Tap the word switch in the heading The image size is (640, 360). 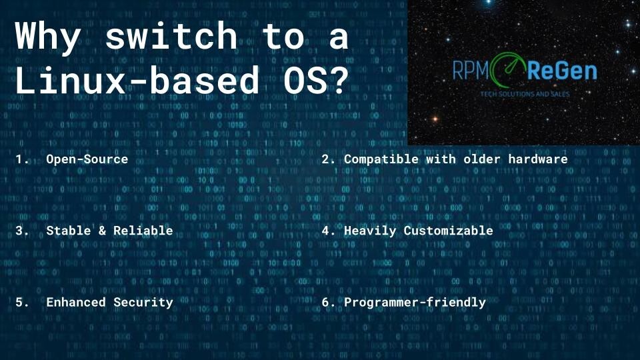[171, 37]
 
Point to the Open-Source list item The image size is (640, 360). [87, 159]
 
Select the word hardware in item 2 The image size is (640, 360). [538, 159]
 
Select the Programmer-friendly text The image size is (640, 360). [415, 302]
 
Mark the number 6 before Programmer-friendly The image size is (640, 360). [326, 302]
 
